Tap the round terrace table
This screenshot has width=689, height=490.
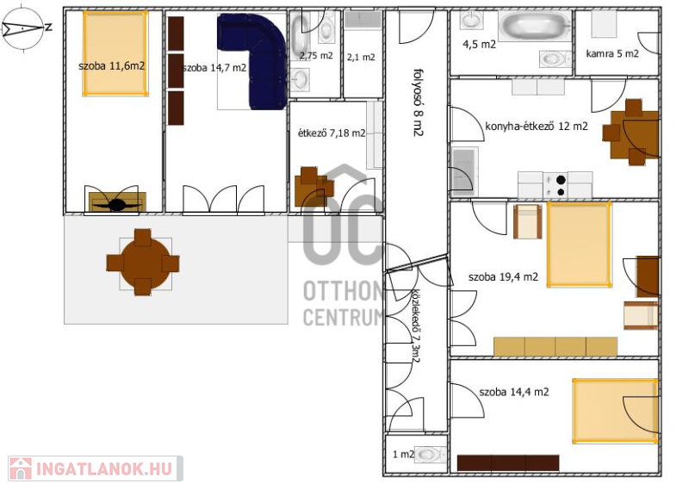click(x=143, y=263)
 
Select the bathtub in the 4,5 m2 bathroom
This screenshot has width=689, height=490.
click(x=535, y=26)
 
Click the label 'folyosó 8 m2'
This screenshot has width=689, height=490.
click(x=419, y=102)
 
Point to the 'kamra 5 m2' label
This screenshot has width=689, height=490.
click(x=612, y=53)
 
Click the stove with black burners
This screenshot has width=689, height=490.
click(x=556, y=185)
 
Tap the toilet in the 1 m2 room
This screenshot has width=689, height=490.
click(x=430, y=454)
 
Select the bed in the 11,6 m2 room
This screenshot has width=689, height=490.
click(x=115, y=53)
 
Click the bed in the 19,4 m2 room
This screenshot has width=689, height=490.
click(x=579, y=245)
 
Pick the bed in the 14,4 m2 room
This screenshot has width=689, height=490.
click(x=615, y=411)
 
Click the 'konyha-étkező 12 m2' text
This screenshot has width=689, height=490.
click(x=536, y=126)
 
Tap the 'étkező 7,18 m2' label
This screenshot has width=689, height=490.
click(x=332, y=133)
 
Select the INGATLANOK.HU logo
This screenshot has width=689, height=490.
click(x=96, y=468)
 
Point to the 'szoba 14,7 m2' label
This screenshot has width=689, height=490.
click(x=214, y=68)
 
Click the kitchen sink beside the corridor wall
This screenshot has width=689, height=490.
click(x=463, y=171)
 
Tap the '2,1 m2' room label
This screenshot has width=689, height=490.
click(x=361, y=57)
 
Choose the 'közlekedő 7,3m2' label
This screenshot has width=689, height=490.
click(x=415, y=326)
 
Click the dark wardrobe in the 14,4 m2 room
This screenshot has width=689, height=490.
click(x=508, y=463)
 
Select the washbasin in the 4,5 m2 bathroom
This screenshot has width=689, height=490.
click(x=471, y=20)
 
